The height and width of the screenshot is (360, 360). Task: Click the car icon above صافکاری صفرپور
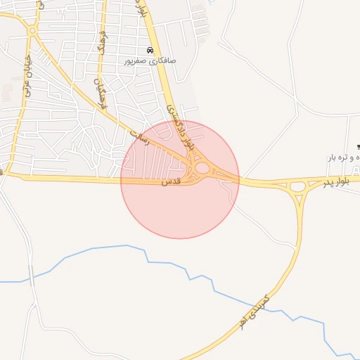coord(150,51)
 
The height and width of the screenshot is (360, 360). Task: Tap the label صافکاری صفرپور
coord(150,61)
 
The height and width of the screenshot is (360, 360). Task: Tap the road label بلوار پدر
coord(337,184)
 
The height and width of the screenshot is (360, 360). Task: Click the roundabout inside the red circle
coord(204,168)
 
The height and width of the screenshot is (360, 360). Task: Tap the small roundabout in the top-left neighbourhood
coord(32,30)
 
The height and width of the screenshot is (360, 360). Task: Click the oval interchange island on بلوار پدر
coord(297,186)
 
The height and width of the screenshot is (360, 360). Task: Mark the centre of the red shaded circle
coord(180,179)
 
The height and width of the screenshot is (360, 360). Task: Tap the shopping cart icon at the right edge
coord(358,146)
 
